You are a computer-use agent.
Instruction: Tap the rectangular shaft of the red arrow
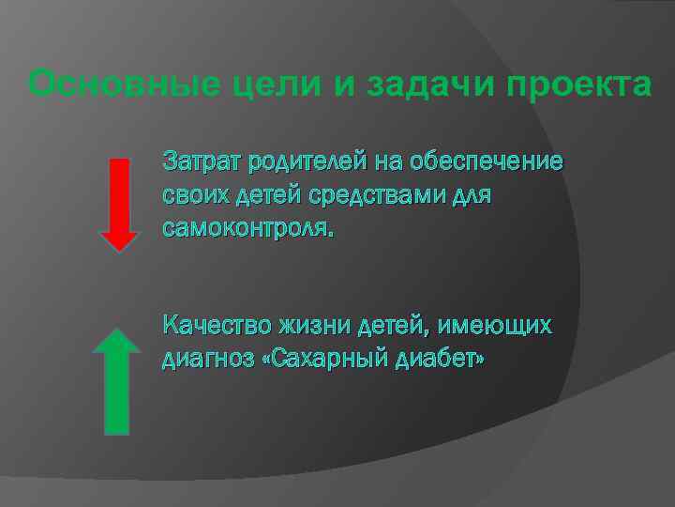click(118, 192)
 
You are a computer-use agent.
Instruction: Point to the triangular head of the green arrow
click(116, 340)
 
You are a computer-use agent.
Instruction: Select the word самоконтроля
click(247, 228)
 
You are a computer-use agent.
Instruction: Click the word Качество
click(216, 326)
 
